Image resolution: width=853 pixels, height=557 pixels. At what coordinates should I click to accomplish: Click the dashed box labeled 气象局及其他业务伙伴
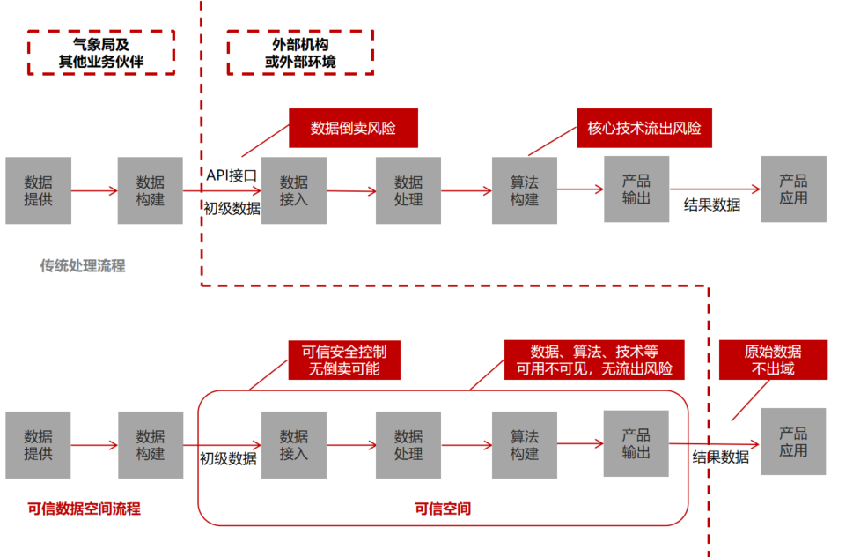click(101, 53)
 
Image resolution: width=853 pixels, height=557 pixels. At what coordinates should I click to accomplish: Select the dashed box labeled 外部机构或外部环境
click(300, 53)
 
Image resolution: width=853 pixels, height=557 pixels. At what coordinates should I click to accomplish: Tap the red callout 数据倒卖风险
click(353, 129)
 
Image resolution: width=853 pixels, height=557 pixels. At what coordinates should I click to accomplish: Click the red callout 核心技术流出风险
click(644, 128)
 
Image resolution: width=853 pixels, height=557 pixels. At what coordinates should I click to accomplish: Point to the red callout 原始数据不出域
click(773, 360)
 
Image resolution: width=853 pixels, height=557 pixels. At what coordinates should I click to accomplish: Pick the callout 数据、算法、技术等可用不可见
click(593, 360)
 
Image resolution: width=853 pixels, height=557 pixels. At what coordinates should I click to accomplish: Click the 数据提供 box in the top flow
click(38, 190)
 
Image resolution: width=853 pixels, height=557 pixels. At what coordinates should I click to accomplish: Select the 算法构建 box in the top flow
click(524, 190)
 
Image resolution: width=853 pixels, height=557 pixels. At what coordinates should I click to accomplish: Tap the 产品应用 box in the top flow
click(792, 189)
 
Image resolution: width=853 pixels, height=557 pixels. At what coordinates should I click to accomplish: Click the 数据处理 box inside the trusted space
click(408, 444)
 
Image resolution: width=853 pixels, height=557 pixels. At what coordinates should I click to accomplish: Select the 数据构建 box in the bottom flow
click(150, 444)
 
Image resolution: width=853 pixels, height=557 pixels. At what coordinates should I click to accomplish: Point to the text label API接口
click(232, 175)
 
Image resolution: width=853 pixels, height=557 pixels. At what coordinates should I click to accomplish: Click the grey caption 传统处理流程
click(83, 265)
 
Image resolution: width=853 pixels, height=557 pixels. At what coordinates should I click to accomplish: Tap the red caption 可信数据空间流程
click(84, 509)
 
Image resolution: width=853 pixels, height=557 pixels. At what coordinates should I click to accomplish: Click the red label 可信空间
click(442, 509)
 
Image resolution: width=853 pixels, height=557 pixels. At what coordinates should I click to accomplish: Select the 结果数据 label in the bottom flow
click(720, 457)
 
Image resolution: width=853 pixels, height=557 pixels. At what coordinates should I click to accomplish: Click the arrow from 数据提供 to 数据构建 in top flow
click(94, 190)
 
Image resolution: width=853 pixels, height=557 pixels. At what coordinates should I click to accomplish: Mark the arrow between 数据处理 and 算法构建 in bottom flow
click(466, 445)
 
